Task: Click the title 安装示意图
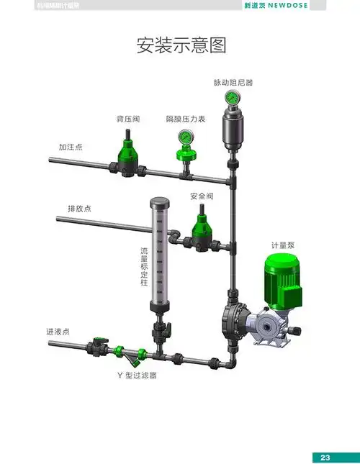pos(181,45)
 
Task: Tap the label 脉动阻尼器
pos(233,83)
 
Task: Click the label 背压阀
pos(129,118)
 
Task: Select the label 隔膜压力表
pos(186,118)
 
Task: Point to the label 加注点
pos(71,147)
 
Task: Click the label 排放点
pos(79,209)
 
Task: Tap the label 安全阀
pos(202,196)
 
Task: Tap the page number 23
pos(325,458)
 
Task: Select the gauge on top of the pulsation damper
pos(233,97)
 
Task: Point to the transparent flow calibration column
pos(158,252)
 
